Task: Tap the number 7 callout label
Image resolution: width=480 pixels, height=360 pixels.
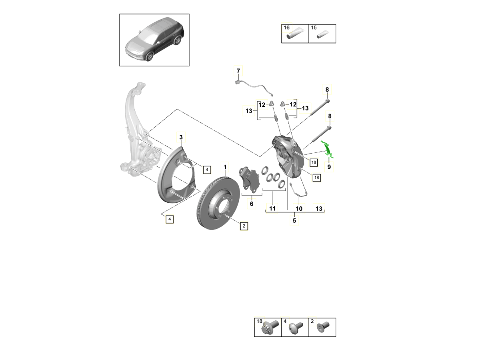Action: click(238, 71)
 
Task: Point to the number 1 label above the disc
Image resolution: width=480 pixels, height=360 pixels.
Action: click(225, 166)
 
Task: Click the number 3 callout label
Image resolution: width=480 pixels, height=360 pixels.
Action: click(181, 138)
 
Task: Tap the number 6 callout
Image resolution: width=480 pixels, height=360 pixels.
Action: click(252, 204)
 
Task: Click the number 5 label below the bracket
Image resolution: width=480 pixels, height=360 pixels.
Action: click(294, 220)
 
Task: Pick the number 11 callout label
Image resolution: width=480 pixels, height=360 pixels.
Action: click(272, 208)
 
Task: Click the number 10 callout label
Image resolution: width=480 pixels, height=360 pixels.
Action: click(299, 208)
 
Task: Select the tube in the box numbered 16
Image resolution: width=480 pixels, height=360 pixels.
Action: click(295, 36)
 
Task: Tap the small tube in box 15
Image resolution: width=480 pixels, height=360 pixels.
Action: click(322, 36)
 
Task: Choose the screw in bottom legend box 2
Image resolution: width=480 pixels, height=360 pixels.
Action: click(322, 328)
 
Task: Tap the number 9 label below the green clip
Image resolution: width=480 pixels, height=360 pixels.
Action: click(329, 166)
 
